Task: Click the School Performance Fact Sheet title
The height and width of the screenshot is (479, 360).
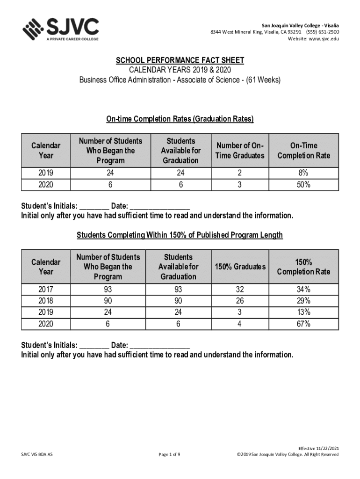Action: pos(180,61)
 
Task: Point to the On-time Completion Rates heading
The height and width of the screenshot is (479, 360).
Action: pos(180,119)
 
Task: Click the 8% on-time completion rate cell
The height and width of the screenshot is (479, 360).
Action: pos(303,173)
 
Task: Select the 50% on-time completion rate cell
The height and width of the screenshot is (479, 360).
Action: pos(303,185)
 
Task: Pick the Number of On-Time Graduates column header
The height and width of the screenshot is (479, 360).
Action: pos(240,151)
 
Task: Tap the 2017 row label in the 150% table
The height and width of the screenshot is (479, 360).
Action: pos(45,290)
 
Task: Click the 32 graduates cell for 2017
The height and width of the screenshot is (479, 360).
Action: pos(239,290)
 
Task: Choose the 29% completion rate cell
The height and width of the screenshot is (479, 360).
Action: pos(303,301)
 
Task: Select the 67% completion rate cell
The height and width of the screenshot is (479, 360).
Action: pos(303,324)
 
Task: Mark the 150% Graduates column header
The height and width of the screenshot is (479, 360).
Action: pos(240,267)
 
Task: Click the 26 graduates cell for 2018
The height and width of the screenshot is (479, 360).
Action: pos(239,301)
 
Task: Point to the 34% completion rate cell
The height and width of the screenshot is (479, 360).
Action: pos(303,290)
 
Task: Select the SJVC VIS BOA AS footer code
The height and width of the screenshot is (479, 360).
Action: pos(37,454)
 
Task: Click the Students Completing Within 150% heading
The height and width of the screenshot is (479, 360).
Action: pos(180,235)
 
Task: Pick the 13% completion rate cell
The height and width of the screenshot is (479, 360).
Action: pos(303,312)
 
